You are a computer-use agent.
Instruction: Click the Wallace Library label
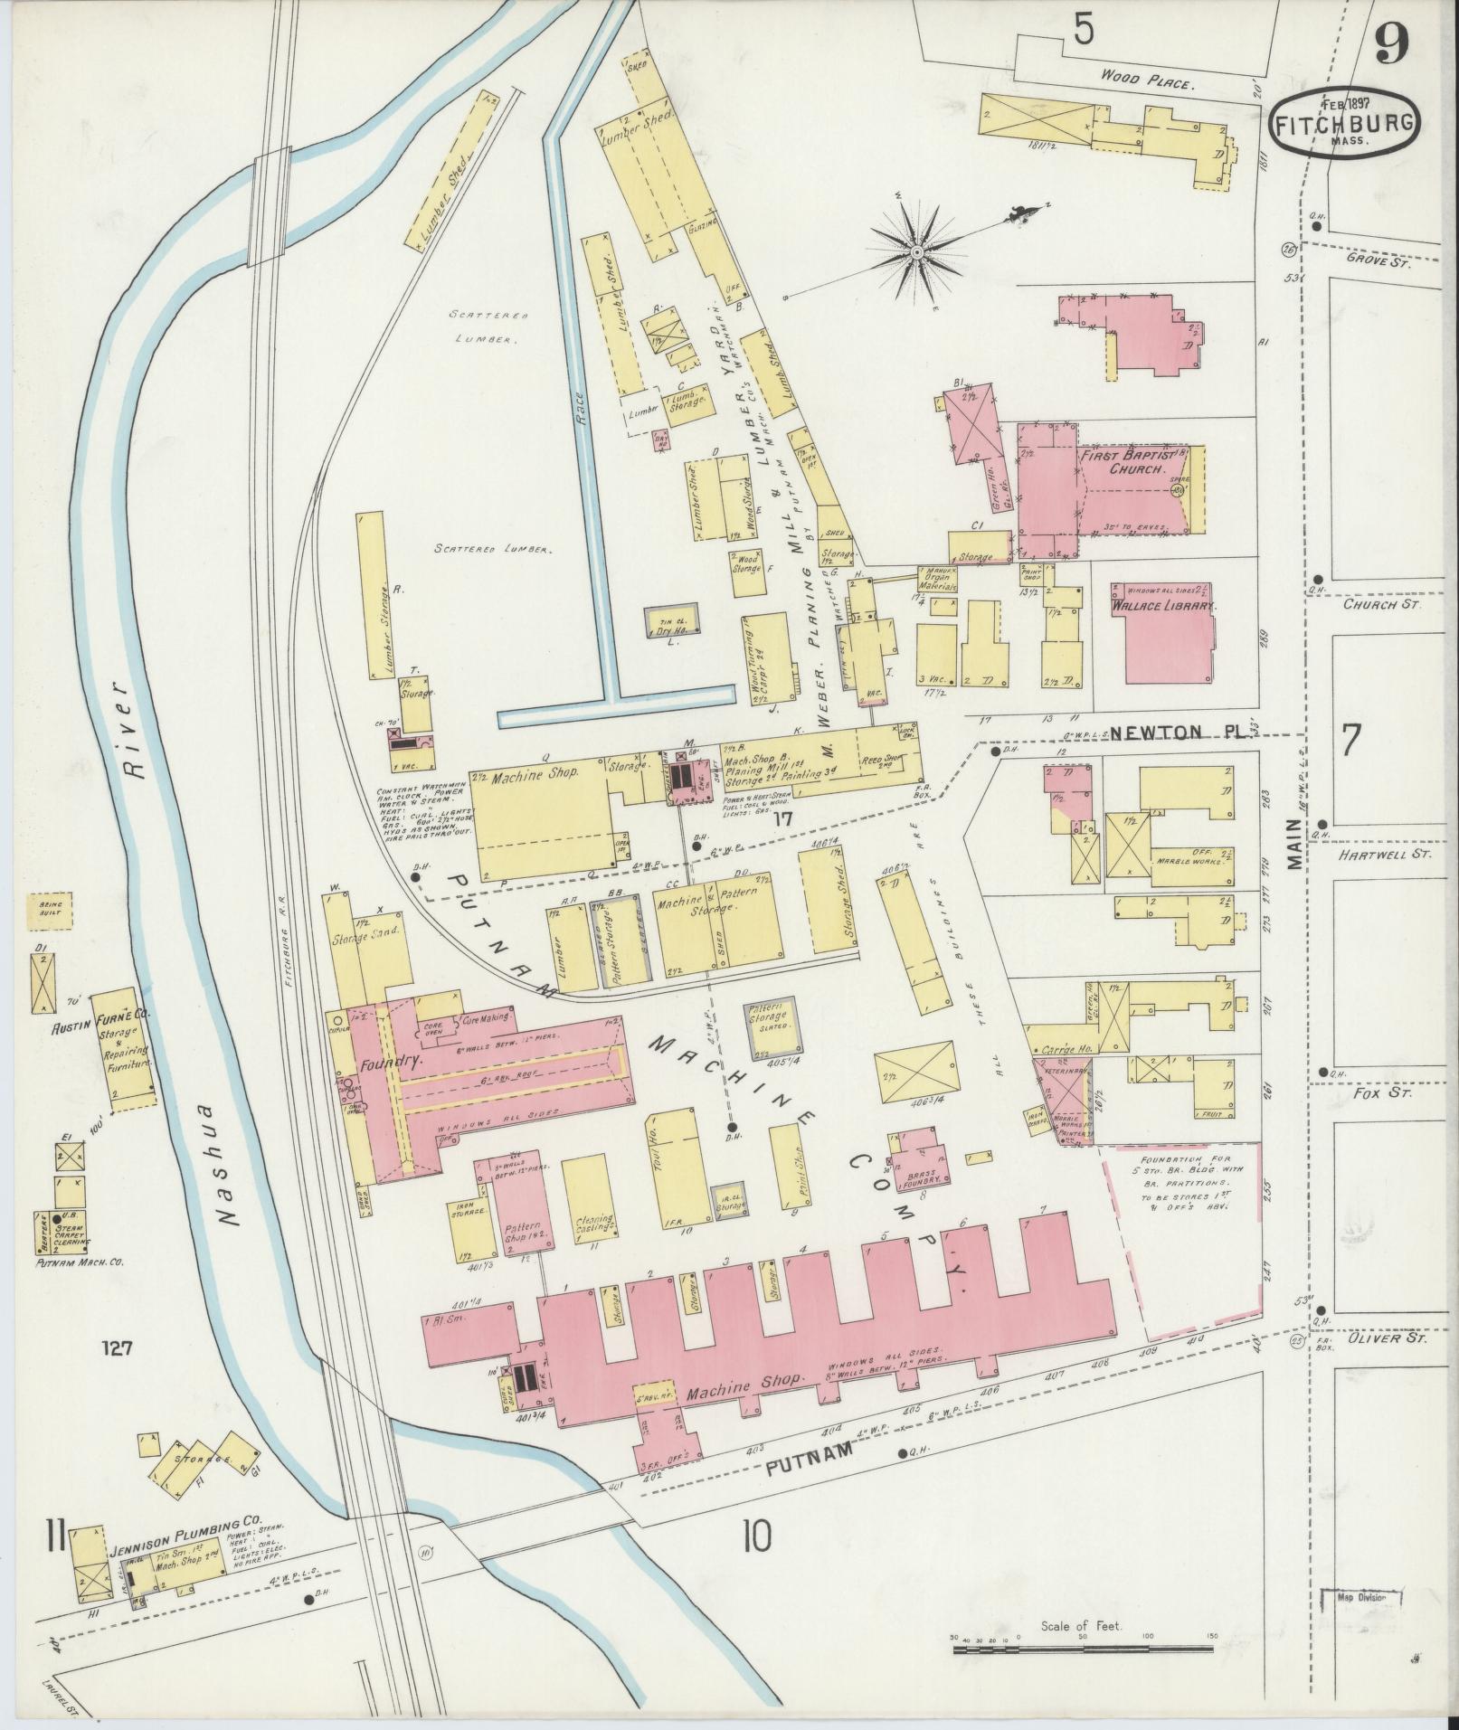tap(1162, 607)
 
